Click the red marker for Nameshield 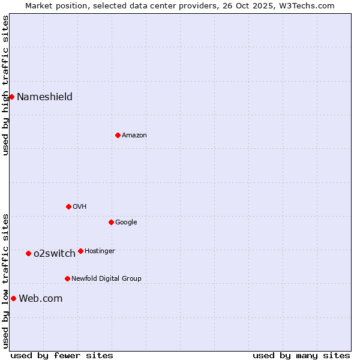[x=11, y=97]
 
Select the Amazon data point [x=118, y=135]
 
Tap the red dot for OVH [x=68, y=206]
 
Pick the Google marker [x=111, y=222]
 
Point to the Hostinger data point [x=80, y=251]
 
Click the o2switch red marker [x=28, y=253]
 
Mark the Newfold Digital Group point [x=67, y=278]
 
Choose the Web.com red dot [x=13, y=298]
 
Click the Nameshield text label [x=44, y=97]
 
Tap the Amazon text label [x=134, y=136]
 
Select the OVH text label [x=80, y=207]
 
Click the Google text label [x=126, y=223]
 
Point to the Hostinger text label [x=100, y=251]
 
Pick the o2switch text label [x=55, y=254]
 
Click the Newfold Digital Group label [x=106, y=279]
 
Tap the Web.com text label [x=40, y=299]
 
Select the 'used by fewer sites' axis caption [x=61, y=355]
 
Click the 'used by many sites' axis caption [x=301, y=355]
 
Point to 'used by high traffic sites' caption [x=5, y=85]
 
